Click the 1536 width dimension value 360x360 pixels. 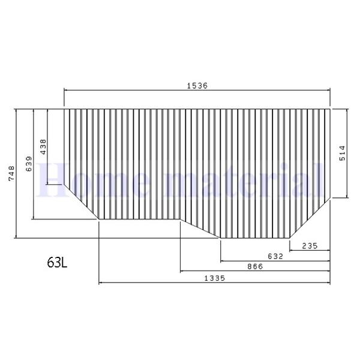point(197,86)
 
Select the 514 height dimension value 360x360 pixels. point(341,153)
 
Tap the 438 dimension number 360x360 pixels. point(43,147)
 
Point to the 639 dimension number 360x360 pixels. point(29,164)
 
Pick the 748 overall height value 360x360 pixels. point(10,173)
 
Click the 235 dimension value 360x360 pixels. point(310,245)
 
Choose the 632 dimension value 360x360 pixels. point(275,256)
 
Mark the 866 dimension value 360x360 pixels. point(255,266)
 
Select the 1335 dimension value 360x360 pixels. point(215,278)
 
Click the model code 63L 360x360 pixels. point(58,262)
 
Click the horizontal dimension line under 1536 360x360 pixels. point(197,91)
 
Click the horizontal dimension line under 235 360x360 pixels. point(310,250)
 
